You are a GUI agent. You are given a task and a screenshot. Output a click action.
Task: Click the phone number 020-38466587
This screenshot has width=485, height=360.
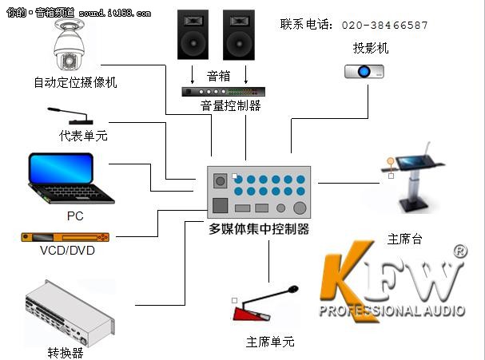click(x=384, y=26)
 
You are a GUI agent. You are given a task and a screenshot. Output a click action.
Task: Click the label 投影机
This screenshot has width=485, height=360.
click(x=371, y=49)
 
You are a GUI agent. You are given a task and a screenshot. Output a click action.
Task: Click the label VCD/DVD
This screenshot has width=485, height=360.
click(x=67, y=251)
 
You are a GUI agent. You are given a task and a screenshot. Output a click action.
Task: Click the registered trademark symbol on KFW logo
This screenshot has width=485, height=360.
click(x=459, y=251)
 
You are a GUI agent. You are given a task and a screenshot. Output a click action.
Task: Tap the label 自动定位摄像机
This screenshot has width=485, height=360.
click(x=75, y=82)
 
